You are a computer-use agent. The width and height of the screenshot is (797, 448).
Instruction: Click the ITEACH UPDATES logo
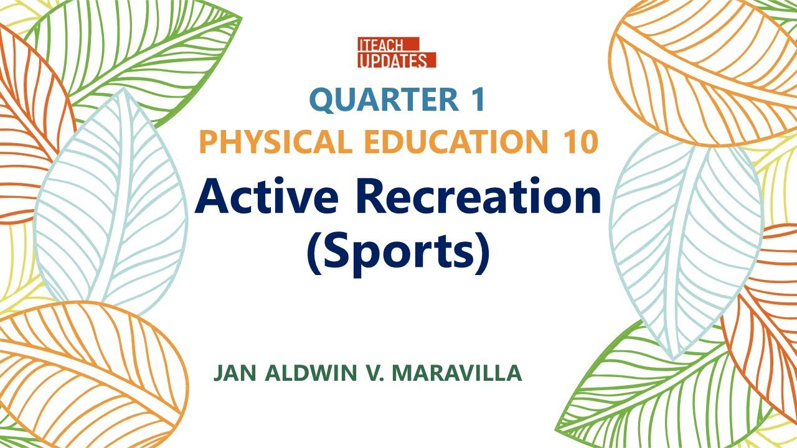pos(396,52)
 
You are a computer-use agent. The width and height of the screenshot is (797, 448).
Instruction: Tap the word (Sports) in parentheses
pos(398,251)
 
